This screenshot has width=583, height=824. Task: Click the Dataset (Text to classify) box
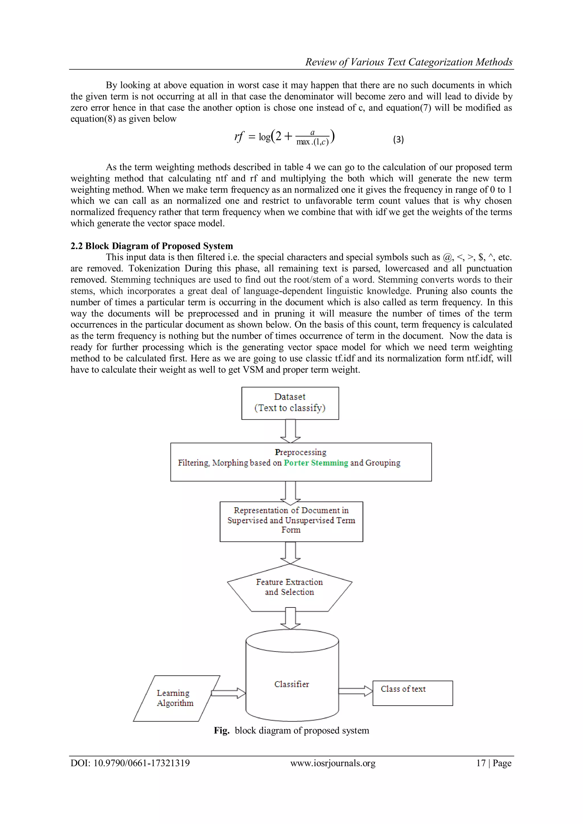coord(290,403)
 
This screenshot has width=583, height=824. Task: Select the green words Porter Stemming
coord(316,463)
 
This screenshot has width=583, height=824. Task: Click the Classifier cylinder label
coord(291,684)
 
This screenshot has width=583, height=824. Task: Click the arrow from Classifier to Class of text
coord(355,691)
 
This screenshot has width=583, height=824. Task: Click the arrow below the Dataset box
coord(290,431)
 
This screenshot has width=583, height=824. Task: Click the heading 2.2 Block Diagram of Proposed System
coord(151,246)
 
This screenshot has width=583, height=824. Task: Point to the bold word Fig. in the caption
coord(221,730)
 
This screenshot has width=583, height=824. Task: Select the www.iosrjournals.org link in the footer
coord(333,763)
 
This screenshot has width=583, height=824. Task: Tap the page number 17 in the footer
coord(481,763)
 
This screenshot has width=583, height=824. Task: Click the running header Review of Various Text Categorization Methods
coord(408,62)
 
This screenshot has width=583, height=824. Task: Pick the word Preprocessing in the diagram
coord(301,452)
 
